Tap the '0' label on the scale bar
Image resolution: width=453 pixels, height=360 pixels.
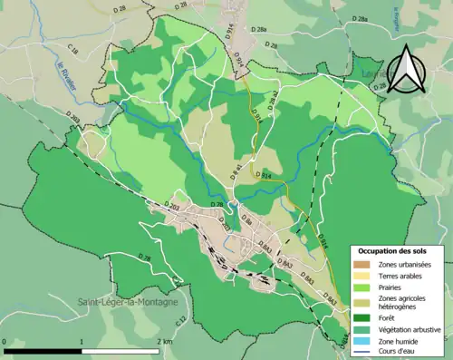pyautogui.click(x=5, y=341)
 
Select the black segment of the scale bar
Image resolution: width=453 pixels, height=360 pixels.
pyautogui.click(x=43, y=349)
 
